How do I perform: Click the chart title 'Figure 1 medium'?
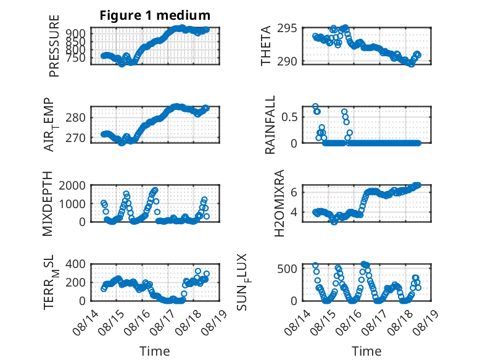[x=155, y=15]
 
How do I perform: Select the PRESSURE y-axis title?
[x=54, y=46]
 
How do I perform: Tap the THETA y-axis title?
[x=266, y=46]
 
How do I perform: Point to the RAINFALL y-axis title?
[x=270, y=125]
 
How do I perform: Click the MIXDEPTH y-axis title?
[x=48, y=204]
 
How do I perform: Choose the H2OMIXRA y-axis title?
[x=279, y=203]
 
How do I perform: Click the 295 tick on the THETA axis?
[x=287, y=28]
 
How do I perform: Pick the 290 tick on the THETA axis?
[x=287, y=61]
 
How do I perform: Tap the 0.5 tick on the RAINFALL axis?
[x=289, y=117]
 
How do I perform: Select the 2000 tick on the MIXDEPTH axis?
[x=72, y=185]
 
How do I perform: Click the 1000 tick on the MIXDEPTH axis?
[x=72, y=204]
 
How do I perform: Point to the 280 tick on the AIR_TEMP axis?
[x=75, y=117]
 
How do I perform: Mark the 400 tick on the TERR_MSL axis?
[x=75, y=264]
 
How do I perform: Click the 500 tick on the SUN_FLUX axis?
[x=287, y=269]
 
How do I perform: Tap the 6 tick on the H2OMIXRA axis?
[x=294, y=193]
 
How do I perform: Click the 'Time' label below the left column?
[x=155, y=351]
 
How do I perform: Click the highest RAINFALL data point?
[x=315, y=106]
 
